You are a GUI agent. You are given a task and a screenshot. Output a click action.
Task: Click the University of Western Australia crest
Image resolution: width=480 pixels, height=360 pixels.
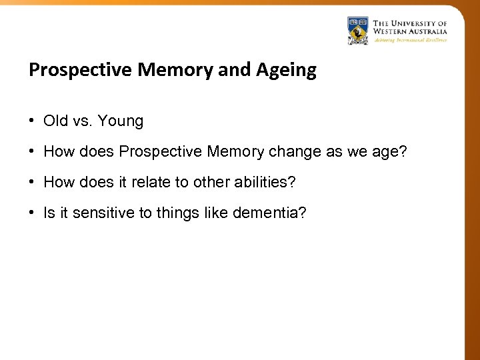click(358, 30)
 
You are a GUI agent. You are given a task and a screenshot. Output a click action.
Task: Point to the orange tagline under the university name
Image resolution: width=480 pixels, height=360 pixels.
click(410, 40)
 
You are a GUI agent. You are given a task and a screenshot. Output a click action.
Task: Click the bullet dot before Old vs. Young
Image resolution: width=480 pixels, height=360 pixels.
click(32, 121)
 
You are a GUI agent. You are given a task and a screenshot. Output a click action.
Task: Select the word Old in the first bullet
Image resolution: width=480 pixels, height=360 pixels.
click(55, 121)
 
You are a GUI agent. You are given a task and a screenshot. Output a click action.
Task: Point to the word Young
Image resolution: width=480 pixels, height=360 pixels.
click(121, 121)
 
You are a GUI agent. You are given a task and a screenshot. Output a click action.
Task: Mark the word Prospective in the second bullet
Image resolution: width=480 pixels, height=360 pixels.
click(161, 152)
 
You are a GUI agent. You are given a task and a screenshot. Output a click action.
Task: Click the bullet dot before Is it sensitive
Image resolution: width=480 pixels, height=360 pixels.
click(32, 213)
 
